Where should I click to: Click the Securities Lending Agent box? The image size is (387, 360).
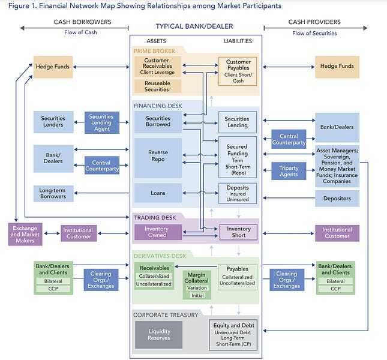(x=101, y=122)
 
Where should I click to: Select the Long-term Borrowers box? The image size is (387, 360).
(x=53, y=193)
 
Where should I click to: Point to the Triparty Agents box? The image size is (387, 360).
(x=289, y=170)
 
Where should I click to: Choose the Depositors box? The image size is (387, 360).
(x=337, y=198)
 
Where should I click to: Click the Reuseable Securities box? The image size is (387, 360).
(x=157, y=85)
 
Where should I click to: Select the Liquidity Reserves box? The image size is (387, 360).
(x=158, y=335)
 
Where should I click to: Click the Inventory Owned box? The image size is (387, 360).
(x=157, y=232)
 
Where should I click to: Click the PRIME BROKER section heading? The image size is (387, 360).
(x=154, y=51)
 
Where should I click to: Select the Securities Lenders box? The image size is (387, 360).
(x=53, y=122)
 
